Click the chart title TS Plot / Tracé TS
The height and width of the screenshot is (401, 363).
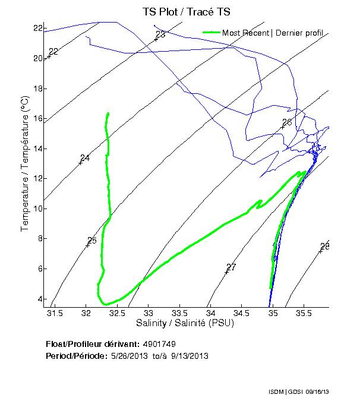coord(187,11)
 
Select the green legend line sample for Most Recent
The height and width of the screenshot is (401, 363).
coord(211,33)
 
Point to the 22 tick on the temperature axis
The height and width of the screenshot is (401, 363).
coord(37,28)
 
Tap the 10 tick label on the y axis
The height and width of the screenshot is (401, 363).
coord(37,209)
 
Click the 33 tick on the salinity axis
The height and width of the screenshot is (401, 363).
coord(148,313)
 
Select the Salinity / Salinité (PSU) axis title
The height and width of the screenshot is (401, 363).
coord(186,323)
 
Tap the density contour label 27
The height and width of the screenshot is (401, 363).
coord(231,267)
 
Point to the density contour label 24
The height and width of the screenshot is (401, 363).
coord(85,158)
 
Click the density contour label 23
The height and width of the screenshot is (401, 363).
coord(160,34)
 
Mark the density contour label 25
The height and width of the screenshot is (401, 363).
coord(91,241)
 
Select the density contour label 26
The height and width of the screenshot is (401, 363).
coord(287,122)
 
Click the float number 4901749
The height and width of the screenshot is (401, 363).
coord(159,344)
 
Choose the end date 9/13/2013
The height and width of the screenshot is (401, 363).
coord(189,356)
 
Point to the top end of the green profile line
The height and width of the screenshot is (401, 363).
coord(108,113)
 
